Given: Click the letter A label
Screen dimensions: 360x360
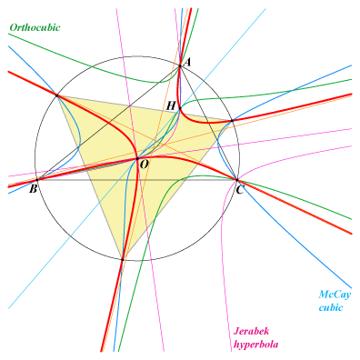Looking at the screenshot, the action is coord(188,62).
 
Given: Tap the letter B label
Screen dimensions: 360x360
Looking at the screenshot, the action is coord(34,189).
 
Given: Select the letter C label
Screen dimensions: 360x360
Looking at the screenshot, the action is coord(239,191).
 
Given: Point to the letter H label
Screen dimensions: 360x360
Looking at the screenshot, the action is coord(171,105).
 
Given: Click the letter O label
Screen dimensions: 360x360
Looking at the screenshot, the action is coord(145,165).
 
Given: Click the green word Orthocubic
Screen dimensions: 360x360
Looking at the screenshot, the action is coord(35,27).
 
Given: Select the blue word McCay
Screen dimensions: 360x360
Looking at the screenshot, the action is coord(335,295).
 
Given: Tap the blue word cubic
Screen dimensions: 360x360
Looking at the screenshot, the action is coord(331,307).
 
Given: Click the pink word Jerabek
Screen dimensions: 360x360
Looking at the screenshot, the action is coord(251,331).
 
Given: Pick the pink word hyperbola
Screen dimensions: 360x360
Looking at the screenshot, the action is coord(256,345).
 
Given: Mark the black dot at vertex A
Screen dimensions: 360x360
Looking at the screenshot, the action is coord(180,65).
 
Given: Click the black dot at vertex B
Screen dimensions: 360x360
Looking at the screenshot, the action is coord(37,180).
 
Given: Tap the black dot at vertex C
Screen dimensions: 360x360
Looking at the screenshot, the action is coord(237,180).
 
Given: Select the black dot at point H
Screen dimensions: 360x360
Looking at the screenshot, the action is coord(180,108).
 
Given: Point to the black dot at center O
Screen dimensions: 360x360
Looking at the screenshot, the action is coord(137,158).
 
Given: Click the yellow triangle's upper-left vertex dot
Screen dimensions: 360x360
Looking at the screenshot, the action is coord(56,95).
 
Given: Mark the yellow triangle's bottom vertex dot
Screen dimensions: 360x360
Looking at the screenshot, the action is coord(123,259).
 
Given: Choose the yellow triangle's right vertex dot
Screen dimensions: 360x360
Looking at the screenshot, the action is coord(232,121).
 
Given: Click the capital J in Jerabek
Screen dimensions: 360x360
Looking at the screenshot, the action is coord(236,331).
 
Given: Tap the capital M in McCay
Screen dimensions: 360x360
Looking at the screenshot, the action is coord(324,295).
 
